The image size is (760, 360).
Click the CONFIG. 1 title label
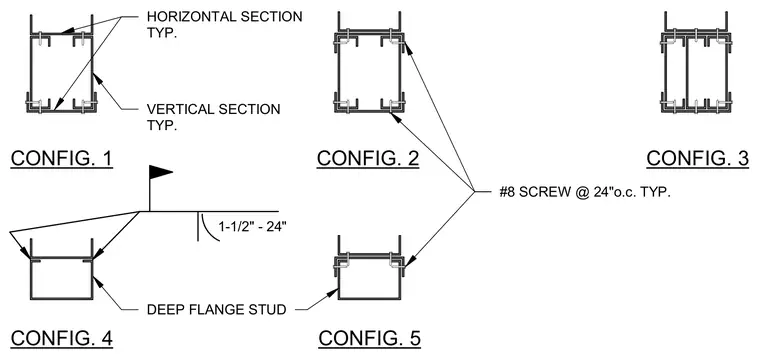62,158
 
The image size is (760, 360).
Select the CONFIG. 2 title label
368,158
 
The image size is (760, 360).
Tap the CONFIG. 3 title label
697,158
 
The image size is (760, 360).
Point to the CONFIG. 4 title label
62,338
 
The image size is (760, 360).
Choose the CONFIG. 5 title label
369,338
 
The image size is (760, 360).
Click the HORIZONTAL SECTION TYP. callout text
224,24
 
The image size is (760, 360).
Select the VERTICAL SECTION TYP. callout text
213,117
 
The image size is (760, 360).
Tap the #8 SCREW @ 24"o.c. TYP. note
585,192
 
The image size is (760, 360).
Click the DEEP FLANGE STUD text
216,309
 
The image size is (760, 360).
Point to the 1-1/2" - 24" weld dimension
253,226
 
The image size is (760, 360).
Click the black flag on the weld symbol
160,172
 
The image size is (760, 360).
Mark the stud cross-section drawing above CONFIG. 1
62,64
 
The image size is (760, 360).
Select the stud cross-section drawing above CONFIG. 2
369,63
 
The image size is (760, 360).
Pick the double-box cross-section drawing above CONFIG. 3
696,63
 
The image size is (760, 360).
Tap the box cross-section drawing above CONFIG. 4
62,269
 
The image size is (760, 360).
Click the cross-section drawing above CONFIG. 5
369,268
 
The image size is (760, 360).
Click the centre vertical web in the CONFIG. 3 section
686,74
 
